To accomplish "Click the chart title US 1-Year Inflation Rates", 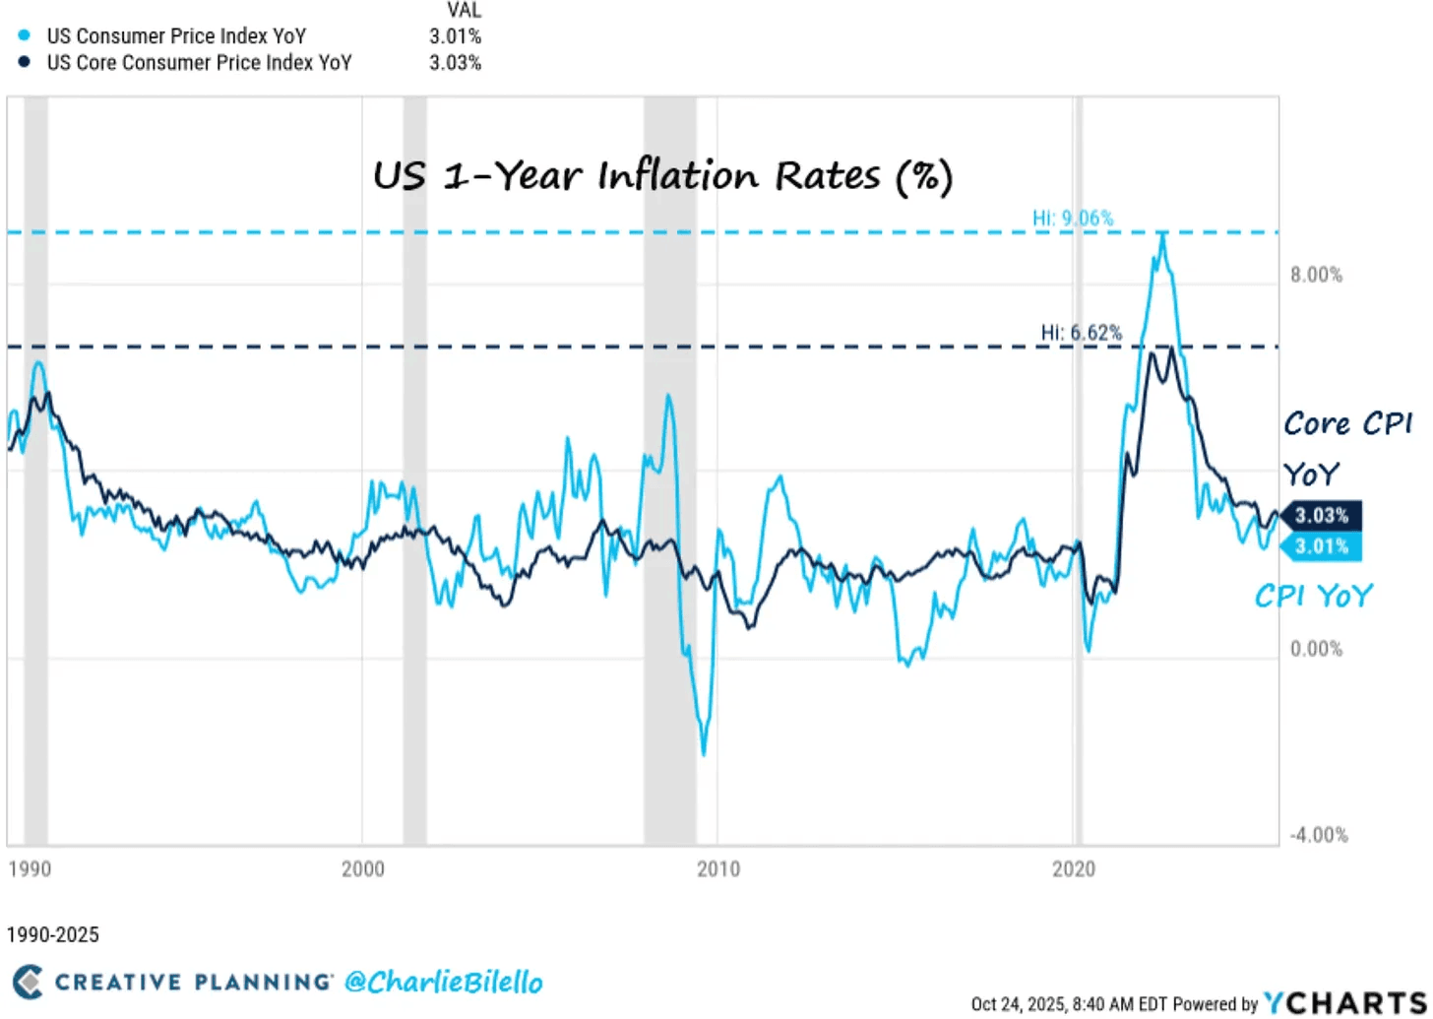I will [662, 176].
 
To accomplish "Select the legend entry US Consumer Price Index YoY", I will [176, 36].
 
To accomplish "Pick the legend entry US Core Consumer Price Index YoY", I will [199, 63].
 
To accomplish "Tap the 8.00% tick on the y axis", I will [1315, 275].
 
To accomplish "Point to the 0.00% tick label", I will [1315, 649].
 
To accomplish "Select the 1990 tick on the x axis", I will [28, 869].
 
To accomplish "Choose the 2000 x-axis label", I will [362, 869].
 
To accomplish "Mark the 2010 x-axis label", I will [718, 869].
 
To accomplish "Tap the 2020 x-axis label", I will [1074, 869].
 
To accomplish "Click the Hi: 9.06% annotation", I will [1073, 218].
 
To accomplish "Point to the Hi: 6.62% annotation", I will [1081, 333].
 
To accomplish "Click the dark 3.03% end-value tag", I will [1321, 516].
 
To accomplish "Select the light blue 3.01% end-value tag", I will [1321, 546].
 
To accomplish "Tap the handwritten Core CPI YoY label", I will [1347, 448].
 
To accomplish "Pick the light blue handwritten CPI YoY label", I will [1312, 596].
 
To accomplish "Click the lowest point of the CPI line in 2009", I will [704, 754].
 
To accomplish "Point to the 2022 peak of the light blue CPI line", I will [1162, 233].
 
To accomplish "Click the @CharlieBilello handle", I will [443, 982].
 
